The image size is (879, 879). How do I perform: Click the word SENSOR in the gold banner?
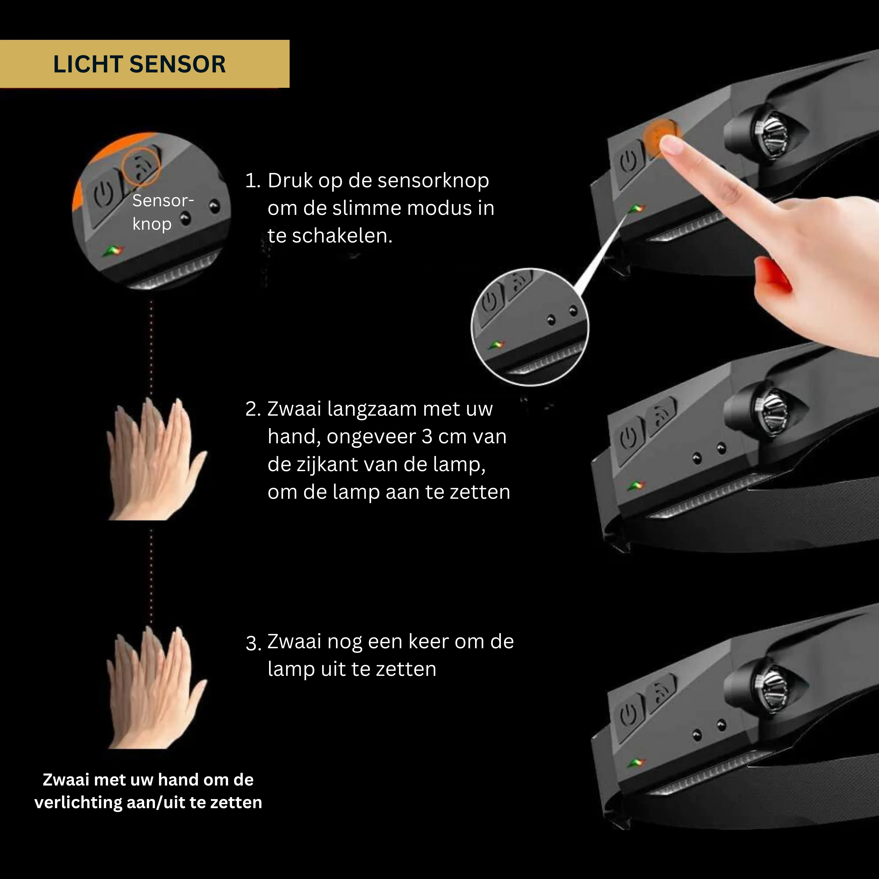pyautogui.click(x=177, y=64)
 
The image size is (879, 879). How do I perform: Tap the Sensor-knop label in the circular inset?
pyautogui.click(x=163, y=212)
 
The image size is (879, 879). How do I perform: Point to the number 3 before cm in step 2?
pyautogui.click(x=427, y=437)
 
